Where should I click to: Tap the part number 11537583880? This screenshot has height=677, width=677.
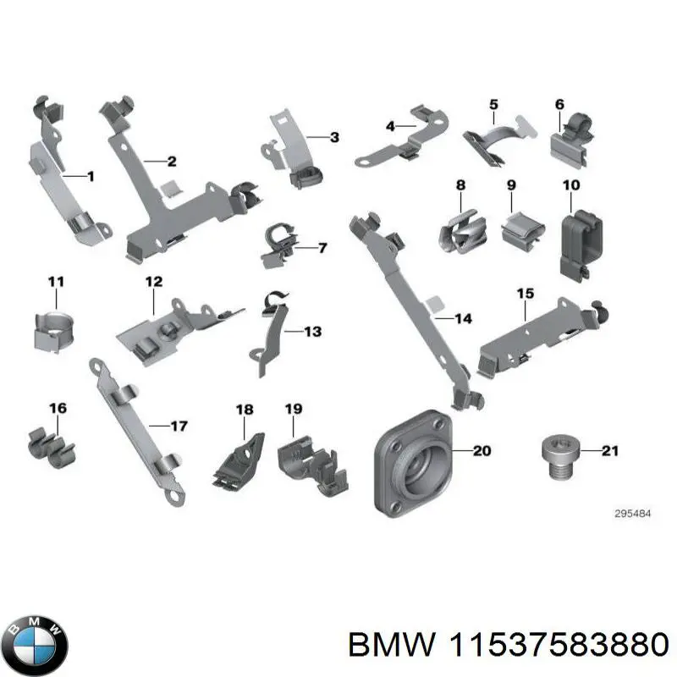tap(559, 646)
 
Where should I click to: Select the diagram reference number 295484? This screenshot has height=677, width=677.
tap(632, 514)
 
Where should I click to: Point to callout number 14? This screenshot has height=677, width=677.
tap(463, 319)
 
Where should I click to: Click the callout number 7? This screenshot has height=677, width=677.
tap(322, 247)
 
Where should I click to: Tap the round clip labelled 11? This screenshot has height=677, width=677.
tap(53, 331)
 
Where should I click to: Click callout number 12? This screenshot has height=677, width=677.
tap(154, 282)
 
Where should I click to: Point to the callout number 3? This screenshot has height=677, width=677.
tap(334, 137)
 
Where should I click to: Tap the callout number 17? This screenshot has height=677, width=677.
tap(179, 427)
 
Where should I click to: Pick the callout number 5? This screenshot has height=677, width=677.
tap(493, 104)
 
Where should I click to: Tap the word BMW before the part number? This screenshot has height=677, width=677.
tap(392, 646)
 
